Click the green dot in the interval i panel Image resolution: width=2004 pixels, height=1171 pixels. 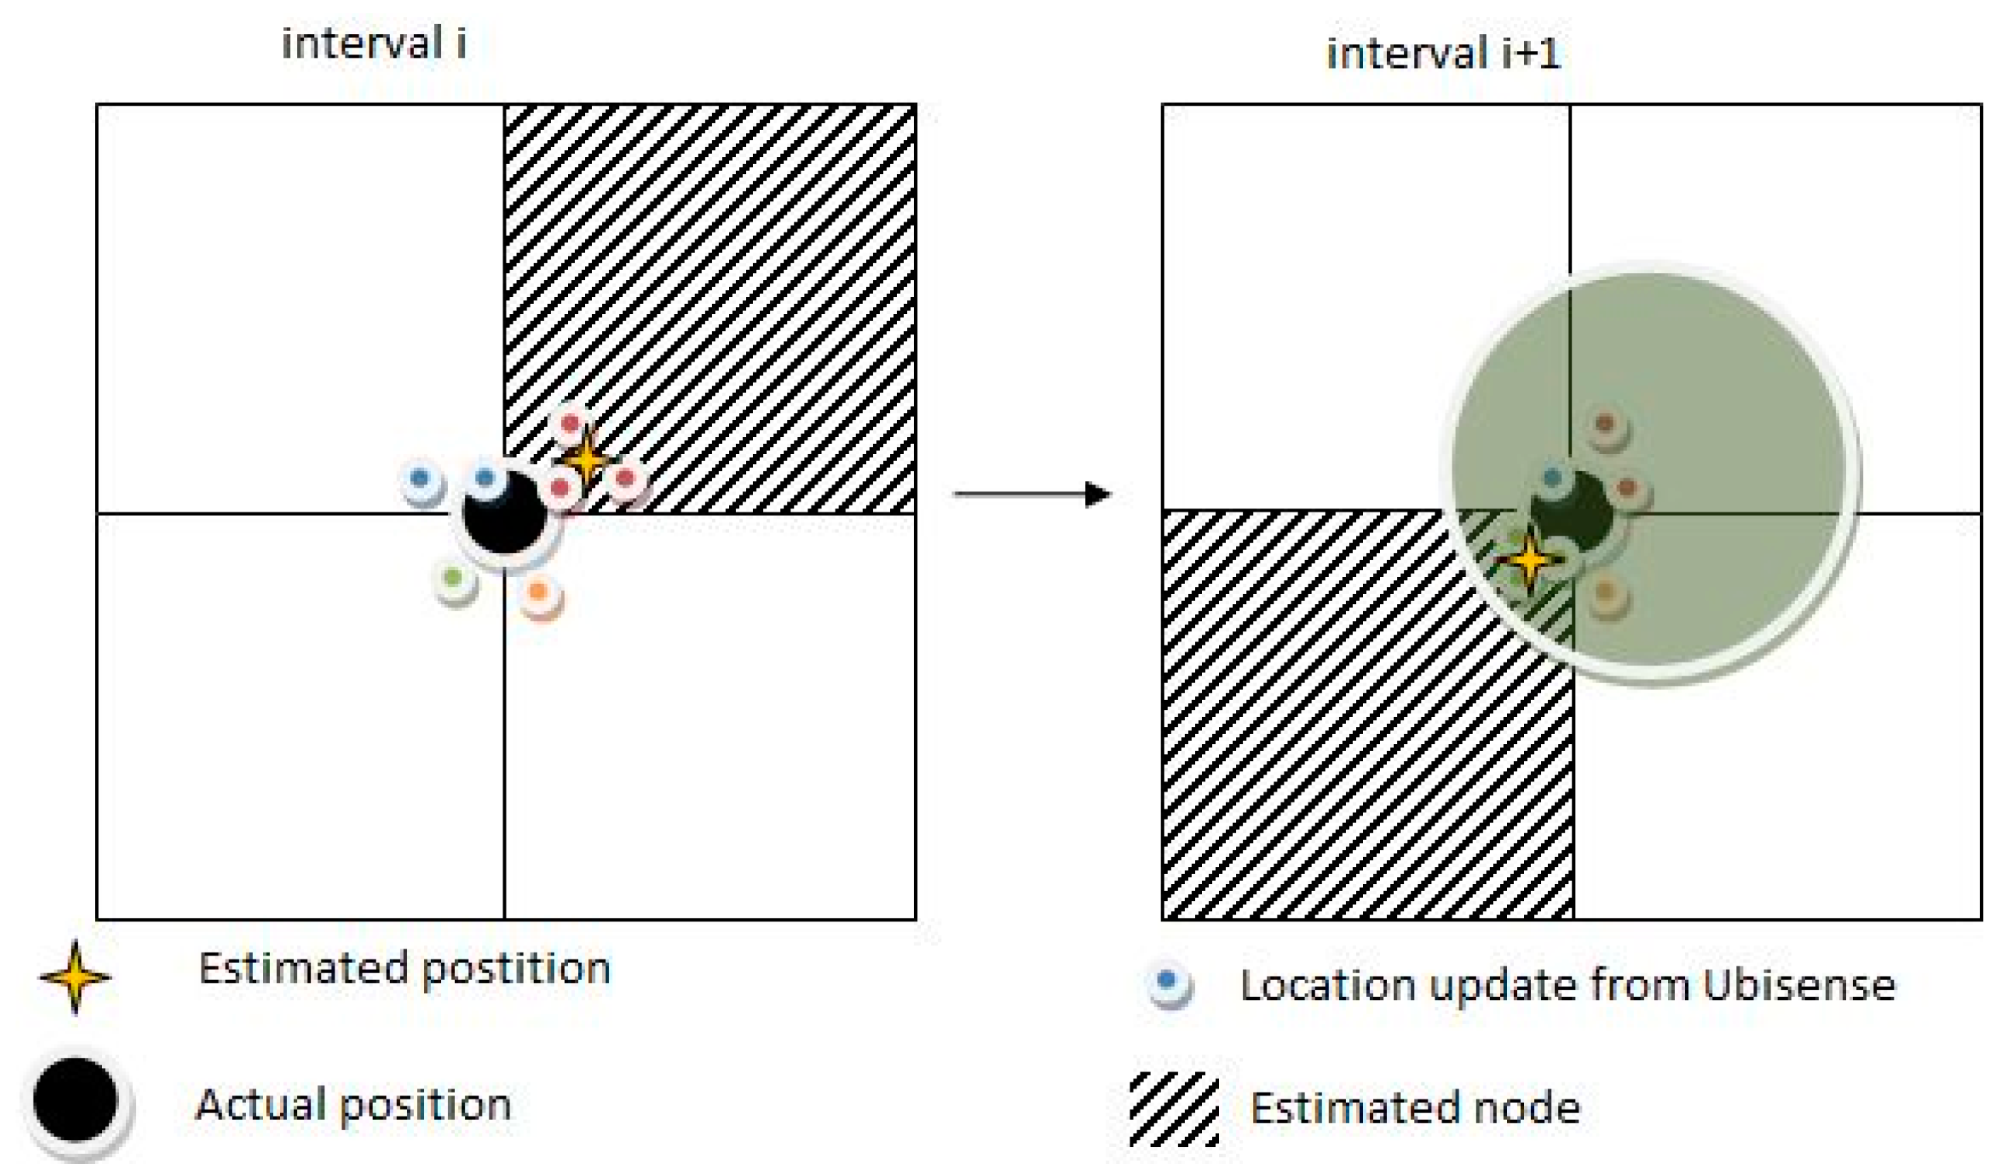(x=454, y=579)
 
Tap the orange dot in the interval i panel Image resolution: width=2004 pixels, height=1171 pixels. (x=539, y=592)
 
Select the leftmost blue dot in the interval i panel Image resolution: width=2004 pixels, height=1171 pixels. (x=420, y=478)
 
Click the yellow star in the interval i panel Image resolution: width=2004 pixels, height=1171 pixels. (x=587, y=460)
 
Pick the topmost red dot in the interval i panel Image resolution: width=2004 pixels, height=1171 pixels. (x=570, y=424)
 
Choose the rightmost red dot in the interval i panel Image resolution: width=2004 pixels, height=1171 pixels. (x=625, y=478)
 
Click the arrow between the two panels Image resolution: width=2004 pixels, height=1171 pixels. (x=1032, y=495)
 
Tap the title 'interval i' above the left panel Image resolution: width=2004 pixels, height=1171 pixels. (x=373, y=43)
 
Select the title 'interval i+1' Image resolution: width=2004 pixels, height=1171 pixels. (x=1443, y=54)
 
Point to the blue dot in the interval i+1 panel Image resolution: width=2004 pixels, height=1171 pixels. (x=1551, y=477)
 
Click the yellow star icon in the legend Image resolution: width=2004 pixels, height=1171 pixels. (x=75, y=977)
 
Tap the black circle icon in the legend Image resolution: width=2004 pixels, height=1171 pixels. (x=75, y=1100)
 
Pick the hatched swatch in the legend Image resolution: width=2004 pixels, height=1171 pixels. (x=1175, y=1107)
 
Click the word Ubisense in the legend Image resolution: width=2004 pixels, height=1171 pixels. (x=1799, y=986)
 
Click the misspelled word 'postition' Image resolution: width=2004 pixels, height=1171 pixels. (x=516, y=969)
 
